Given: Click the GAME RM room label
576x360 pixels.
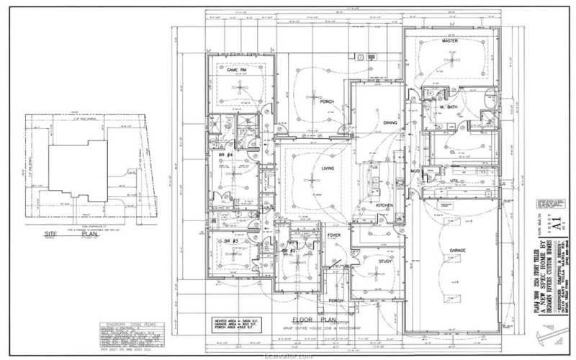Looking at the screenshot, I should (x=238, y=70).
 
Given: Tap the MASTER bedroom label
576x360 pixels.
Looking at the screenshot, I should (x=450, y=42).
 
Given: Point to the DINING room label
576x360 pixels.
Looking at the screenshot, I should (x=391, y=122).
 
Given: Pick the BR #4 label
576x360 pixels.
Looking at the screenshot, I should (x=224, y=155).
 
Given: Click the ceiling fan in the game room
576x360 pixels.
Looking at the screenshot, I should (x=238, y=87).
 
